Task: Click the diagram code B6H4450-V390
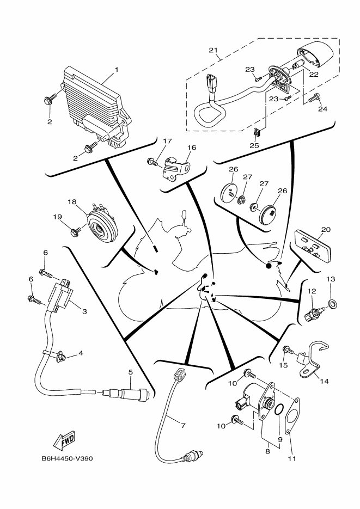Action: coord(67,458)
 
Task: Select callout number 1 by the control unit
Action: coord(116,70)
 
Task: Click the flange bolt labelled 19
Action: coord(75,232)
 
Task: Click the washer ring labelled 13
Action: coord(332,302)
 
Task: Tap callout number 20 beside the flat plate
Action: coord(326,230)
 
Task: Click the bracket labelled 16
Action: coord(176,166)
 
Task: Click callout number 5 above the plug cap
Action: coord(131,372)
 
